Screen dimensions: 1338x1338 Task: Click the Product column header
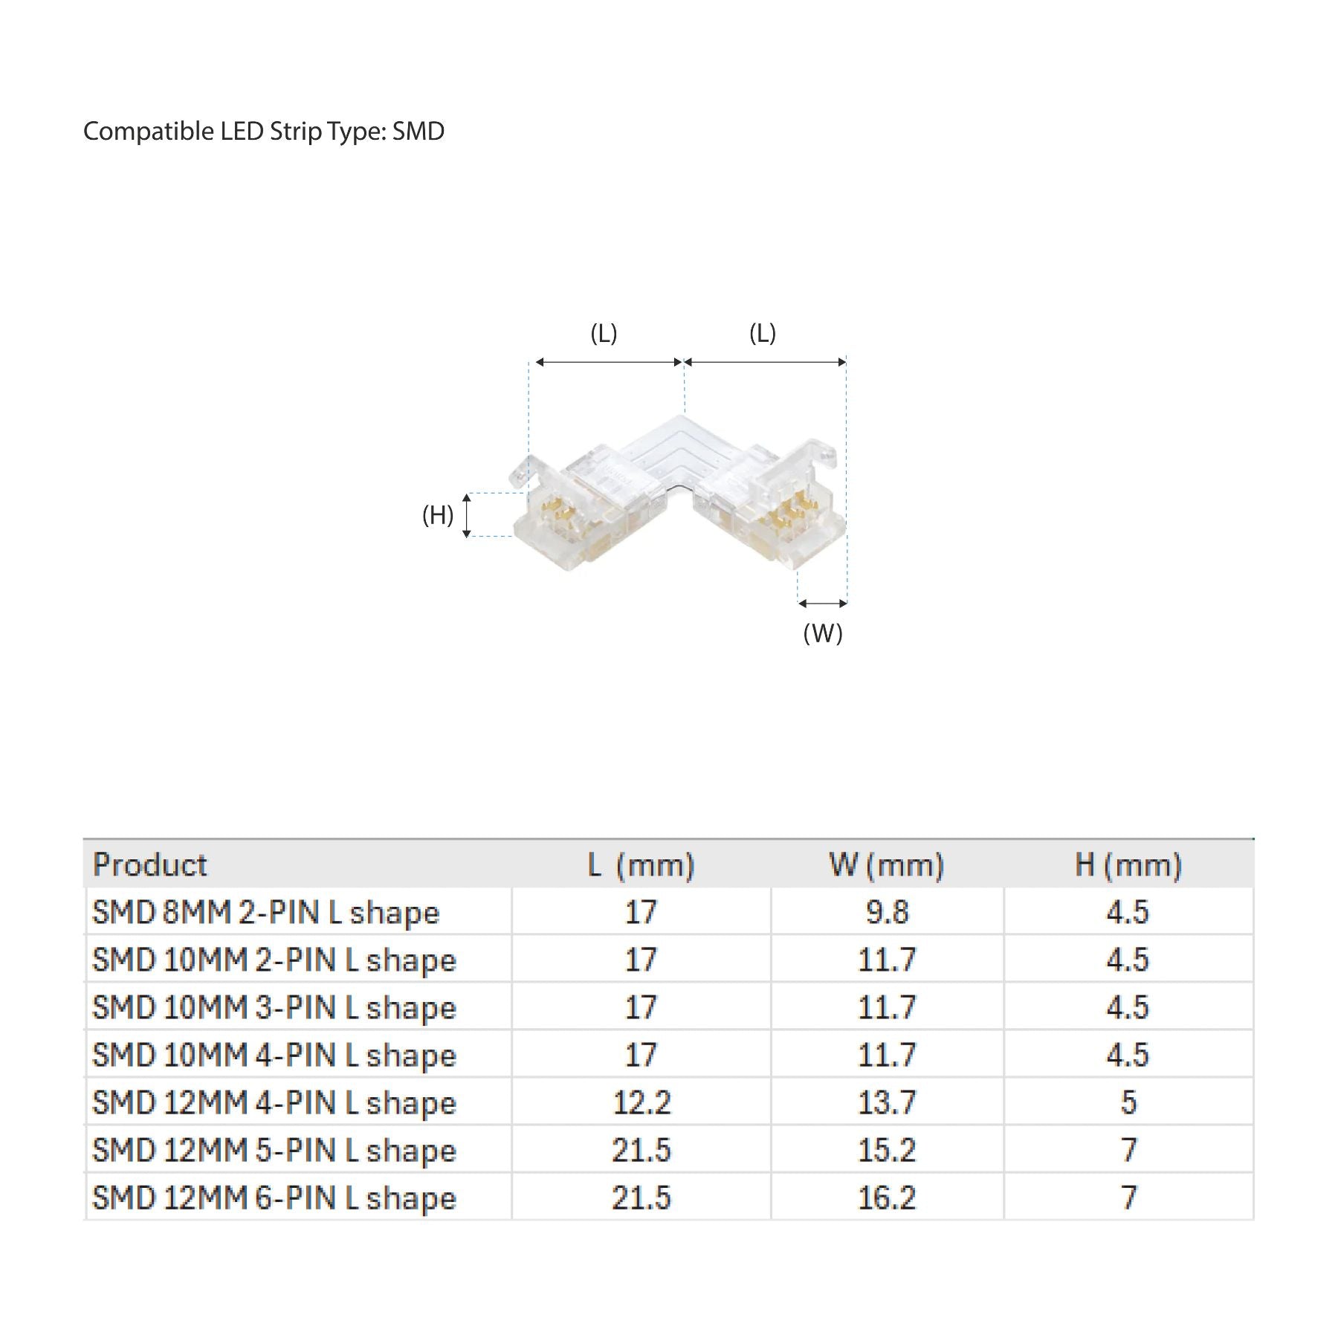pyautogui.click(x=149, y=864)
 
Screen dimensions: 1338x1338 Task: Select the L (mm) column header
pyautogui.click(x=641, y=864)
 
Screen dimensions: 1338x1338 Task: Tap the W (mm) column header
pyautogui.click(x=886, y=864)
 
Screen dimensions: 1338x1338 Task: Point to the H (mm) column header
pyautogui.click(x=1128, y=864)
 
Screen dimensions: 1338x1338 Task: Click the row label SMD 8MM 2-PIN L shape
pyautogui.click(x=265, y=913)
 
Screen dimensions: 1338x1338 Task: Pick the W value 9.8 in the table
pyautogui.click(x=887, y=912)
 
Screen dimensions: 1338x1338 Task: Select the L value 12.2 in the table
pyautogui.click(x=641, y=1102)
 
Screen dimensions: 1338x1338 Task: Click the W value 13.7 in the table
pyautogui.click(x=887, y=1102)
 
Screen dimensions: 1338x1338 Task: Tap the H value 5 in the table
pyautogui.click(x=1128, y=1102)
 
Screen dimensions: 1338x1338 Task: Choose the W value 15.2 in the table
pyautogui.click(x=887, y=1150)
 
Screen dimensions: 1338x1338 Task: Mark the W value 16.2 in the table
pyautogui.click(x=887, y=1198)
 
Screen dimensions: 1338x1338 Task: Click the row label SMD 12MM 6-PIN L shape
pyautogui.click(x=274, y=1198)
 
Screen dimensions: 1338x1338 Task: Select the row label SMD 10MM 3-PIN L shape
pyautogui.click(x=274, y=1008)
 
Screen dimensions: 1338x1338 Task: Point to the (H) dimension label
pyautogui.click(x=438, y=514)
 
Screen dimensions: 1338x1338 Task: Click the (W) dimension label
pyautogui.click(x=823, y=633)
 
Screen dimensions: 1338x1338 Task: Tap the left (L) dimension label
pyautogui.click(x=604, y=333)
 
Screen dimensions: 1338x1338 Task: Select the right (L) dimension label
pyautogui.click(x=763, y=333)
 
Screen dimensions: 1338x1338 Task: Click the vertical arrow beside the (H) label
pyautogui.click(x=467, y=515)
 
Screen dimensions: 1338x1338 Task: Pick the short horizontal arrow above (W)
pyautogui.click(x=823, y=604)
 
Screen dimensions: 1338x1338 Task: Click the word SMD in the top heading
pyautogui.click(x=418, y=132)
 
